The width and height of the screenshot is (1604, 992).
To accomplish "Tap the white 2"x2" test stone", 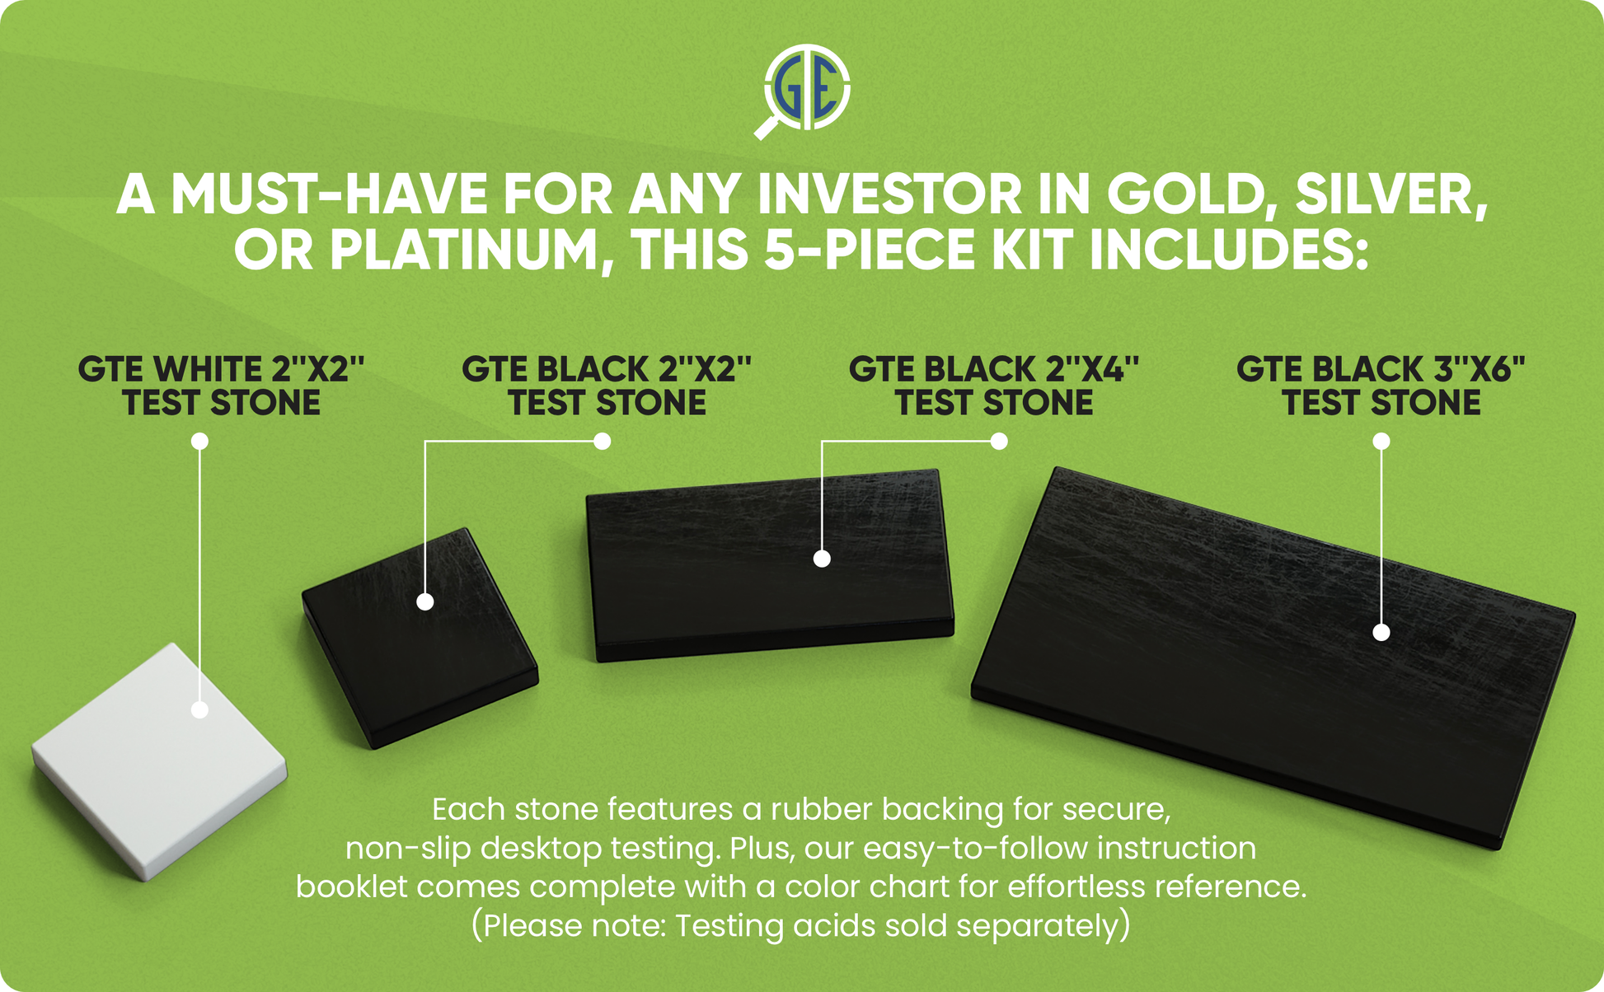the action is click(x=159, y=761).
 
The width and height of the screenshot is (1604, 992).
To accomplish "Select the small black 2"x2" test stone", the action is click(x=420, y=638).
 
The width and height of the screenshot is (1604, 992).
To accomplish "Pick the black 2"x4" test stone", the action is click(x=770, y=565).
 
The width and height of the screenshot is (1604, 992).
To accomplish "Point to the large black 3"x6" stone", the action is click(x=1273, y=657).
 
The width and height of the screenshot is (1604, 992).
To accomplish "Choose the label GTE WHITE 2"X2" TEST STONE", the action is click(x=221, y=386).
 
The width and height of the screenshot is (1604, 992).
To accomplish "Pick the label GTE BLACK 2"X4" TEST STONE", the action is click(x=994, y=386).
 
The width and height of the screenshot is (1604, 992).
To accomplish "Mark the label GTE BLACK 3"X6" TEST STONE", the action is click(x=1381, y=386).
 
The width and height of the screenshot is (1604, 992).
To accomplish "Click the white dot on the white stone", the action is click(x=199, y=709).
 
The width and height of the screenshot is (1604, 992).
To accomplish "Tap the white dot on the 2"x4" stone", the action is click(x=822, y=559).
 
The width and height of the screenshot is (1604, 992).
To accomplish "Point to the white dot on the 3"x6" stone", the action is click(x=1381, y=632).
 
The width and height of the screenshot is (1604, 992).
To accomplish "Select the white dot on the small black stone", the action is click(x=425, y=601).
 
